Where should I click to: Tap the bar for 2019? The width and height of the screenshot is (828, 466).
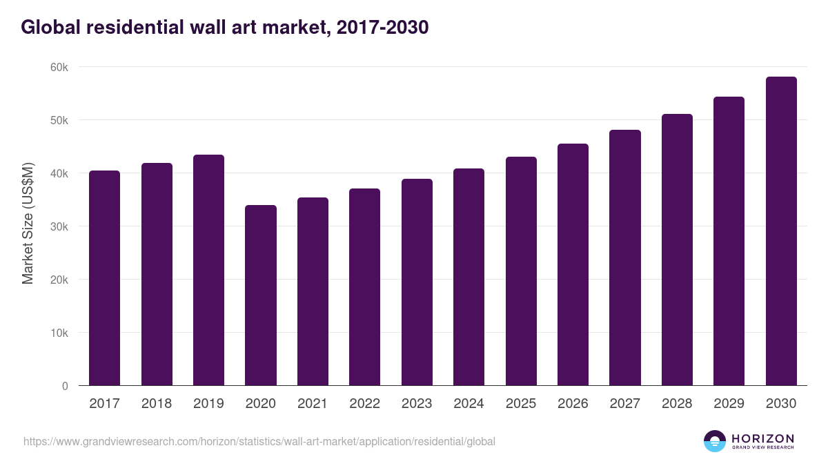208,270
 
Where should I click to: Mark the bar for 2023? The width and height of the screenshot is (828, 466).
417,282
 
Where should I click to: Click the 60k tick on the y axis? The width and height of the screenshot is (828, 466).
59,67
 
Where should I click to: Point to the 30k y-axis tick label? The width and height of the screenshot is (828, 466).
59,226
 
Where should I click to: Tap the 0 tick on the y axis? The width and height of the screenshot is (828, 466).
65,386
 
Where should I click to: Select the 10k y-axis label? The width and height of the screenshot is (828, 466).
59,333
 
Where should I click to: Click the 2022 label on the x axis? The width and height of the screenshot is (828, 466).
364,404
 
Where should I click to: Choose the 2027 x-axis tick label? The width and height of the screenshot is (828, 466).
624,404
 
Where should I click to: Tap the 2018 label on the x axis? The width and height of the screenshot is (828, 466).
157,404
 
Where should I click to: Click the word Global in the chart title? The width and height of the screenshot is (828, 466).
48,27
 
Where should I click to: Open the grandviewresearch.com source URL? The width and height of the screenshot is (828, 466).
259,441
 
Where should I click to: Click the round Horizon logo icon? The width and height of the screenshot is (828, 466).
715,441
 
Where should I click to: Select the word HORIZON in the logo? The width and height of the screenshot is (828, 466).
762,438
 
